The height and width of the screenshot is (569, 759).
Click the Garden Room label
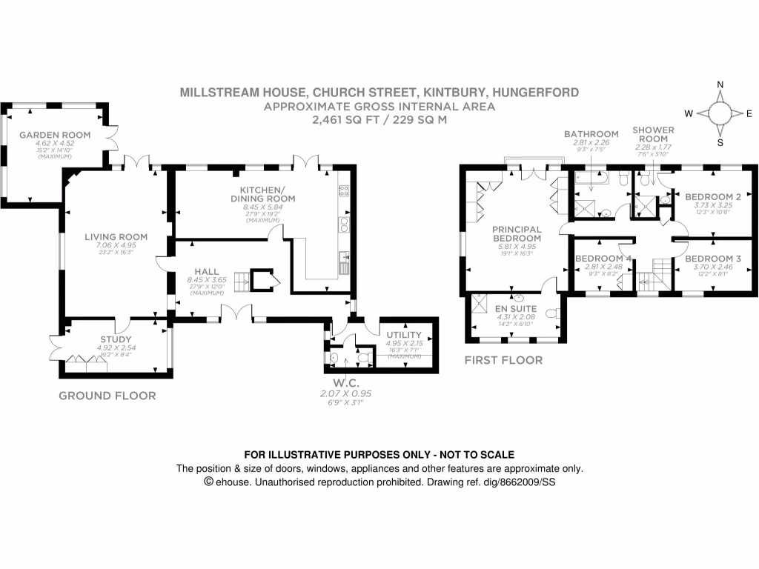(55, 135)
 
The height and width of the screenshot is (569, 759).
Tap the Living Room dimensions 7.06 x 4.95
(116, 245)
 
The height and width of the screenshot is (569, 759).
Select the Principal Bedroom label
(517, 234)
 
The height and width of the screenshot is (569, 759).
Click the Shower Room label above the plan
(653, 134)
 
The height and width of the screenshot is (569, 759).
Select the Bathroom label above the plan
(591, 134)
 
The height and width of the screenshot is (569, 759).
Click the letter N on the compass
(719, 85)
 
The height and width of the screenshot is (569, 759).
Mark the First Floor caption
(503, 360)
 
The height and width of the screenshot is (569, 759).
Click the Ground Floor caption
(107, 396)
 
